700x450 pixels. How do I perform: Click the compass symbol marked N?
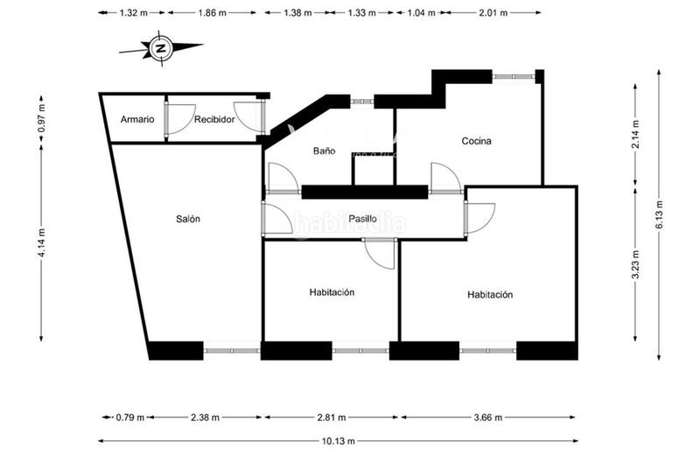(160, 49)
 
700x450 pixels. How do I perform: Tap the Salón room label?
(187, 219)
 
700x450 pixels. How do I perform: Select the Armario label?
(137, 119)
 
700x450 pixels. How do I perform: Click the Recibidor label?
(214, 119)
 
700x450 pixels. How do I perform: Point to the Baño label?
(324, 151)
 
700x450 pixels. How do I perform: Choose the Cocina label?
(476, 141)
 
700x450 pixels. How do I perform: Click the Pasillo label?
(361, 218)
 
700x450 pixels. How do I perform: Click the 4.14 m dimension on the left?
(42, 243)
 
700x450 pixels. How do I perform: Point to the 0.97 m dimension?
(42, 118)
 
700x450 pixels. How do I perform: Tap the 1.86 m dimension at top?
(211, 13)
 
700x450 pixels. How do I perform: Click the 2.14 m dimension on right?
(636, 134)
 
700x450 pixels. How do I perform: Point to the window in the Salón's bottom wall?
(232, 351)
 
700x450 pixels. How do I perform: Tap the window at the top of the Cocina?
(514, 77)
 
